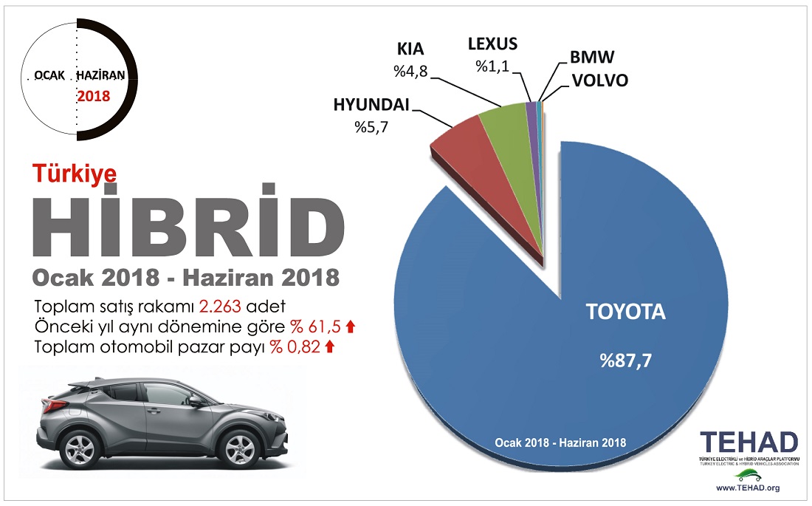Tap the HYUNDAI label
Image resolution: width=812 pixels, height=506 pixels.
[x=371, y=106]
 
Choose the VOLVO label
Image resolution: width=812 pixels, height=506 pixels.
[x=600, y=81]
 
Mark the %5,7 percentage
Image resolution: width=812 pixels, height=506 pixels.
[x=371, y=127]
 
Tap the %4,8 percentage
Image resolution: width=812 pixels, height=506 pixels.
[x=411, y=72]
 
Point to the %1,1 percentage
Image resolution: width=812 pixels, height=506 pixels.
[x=493, y=65]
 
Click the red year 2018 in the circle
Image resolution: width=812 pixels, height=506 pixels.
[x=93, y=96]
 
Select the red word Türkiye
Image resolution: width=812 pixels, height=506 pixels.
[x=75, y=172]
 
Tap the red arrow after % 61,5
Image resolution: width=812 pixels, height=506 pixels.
[x=351, y=326]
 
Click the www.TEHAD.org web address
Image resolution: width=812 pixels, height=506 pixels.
[x=748, y=488]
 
